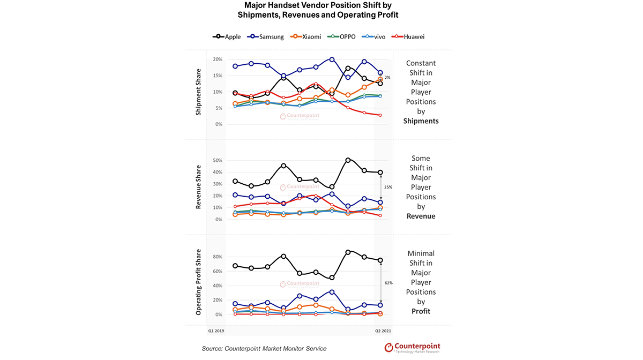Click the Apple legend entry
click(x=227, y=37)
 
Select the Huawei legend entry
click(x=408, y=37)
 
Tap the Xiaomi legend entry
click(x=305, y=37)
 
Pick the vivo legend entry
click(x=373, y=37)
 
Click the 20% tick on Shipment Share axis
click(x=218, y=59)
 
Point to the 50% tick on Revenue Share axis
click(x=218, y=161)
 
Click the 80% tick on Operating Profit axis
click(x=218, y=257)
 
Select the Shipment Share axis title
click(x=198, y=92)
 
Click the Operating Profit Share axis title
click(x=198, y=282)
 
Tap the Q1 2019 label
click(x=216, y=331)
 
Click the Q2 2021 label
click(x=383, y=331)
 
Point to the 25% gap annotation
click(x=388, y=187)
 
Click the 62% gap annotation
click(x=388, y=283)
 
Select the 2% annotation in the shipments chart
click(x=387, y=78)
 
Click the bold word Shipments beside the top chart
click(x=421, y=121)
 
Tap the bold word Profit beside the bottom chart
click(x=421, y=311)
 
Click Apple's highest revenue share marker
click(x=348, y=160)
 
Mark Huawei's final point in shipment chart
click(x=380, y=115)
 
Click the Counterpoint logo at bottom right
click(x=412, y=348)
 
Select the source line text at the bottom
click(x=264, y=349)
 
